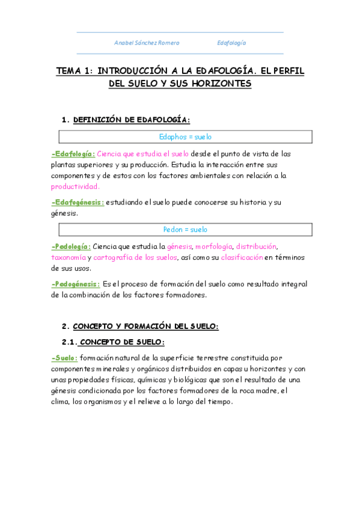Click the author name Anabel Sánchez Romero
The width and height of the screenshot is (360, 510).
coord(147,43)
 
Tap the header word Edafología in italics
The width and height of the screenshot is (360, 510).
coord(231,43)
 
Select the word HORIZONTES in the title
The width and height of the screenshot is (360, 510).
coord(218,84)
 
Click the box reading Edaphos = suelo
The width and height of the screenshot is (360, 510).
coord(185,137)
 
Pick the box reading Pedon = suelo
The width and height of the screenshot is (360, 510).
coord(185,229)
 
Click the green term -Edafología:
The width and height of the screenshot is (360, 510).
coord(73,153)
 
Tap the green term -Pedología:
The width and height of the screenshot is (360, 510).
coord(72,246)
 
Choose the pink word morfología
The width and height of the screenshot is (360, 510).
coord(213,246)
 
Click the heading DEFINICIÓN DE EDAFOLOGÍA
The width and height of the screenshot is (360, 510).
coord(131,120)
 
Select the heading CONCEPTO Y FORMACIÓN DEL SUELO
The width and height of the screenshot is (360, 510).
coord(145,326)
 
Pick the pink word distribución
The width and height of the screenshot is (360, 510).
coord(257,246)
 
